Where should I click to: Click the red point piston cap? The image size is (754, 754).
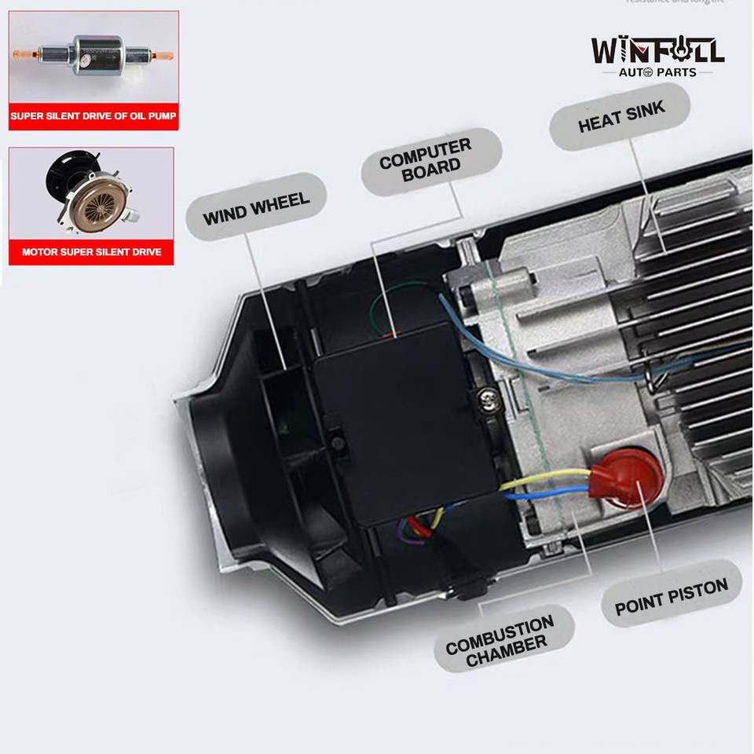tap(626, 479)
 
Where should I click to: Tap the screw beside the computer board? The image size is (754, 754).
tap(488, 402)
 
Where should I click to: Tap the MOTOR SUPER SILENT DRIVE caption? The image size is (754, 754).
tap(91, 252)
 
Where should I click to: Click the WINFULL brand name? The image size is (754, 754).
tap(657, 52)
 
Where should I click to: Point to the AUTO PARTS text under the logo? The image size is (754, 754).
tap(657, 73)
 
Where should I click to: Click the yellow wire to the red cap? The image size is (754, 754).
tap(550, 477)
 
